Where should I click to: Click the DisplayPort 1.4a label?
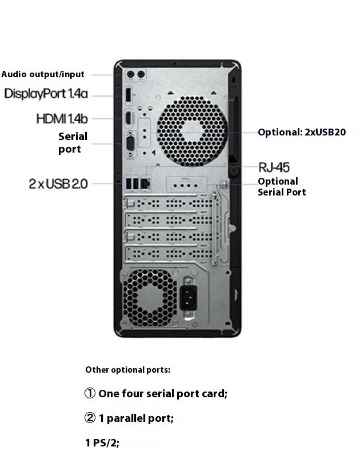pos(46,94)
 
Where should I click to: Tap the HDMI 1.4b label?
pos(62,118)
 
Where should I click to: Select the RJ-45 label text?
pos(274,167)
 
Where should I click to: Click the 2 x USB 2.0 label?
pos(58,183)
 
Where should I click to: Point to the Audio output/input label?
pos(43,74)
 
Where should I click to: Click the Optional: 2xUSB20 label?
pos(302,132)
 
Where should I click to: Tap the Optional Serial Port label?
pos(281,187)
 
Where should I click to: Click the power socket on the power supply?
pos(189,297)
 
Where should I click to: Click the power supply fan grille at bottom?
pos(150,297)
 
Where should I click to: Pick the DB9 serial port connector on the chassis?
pos(130,142)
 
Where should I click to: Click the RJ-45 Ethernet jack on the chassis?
pos(145,183)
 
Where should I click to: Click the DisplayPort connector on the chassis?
pos(128,95)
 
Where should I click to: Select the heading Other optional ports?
pos(127,370)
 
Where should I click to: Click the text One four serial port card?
pos(163,393)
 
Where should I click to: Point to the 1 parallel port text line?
pos(136,418)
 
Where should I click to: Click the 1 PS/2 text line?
pos(102,442)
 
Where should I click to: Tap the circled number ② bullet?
pos(90,418)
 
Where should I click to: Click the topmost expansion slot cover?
pos(169,203)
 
